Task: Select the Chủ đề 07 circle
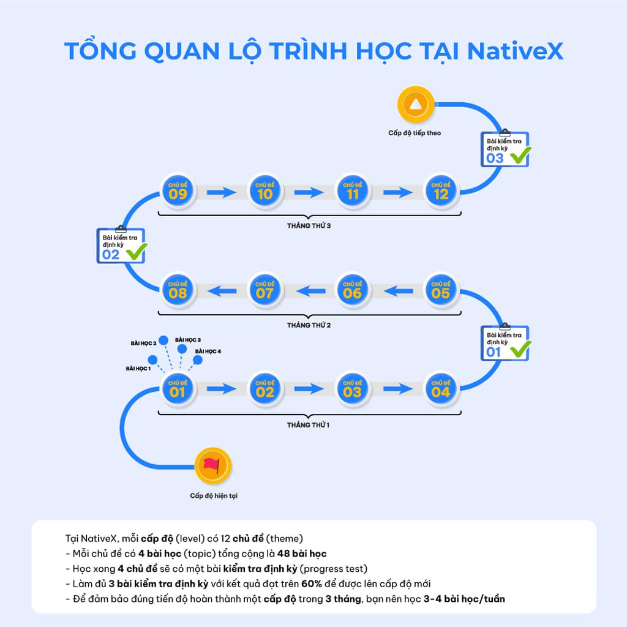coord(265,289)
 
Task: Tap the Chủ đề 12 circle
coord(441,190)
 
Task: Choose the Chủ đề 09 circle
coord(177,190)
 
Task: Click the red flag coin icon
coord(212,466)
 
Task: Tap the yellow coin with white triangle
coord(415,104)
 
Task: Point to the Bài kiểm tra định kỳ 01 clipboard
coord(504,343)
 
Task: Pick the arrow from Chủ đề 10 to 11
coord(309,192)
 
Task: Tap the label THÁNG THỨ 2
coord(309,325)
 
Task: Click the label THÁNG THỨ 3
coord(309,226)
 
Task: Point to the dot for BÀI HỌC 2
coord(163,340)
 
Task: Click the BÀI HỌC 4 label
coord(208,351)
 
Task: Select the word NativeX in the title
coord(514,51)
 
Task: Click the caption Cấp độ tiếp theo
coord(415,132)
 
